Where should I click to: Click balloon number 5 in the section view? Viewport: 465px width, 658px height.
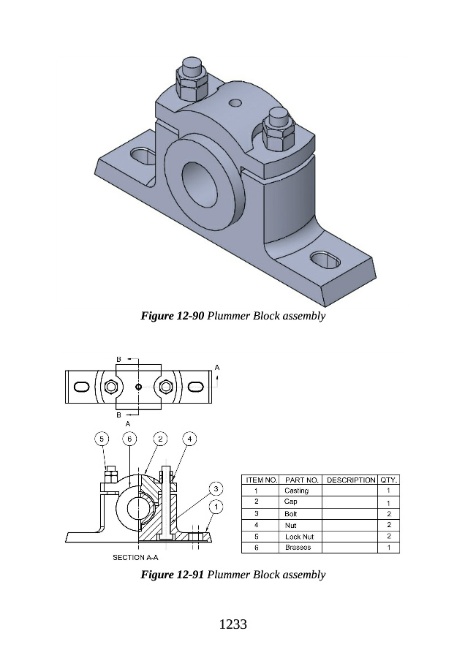[102, 439]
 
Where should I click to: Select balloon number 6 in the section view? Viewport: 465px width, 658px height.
[129, 439]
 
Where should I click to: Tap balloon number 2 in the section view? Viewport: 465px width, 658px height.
[160, 439]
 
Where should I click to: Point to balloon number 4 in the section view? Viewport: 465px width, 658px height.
[189, 439]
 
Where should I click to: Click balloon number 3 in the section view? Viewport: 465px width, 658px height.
[216, 488]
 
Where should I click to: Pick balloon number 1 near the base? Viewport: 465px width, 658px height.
[216, 506]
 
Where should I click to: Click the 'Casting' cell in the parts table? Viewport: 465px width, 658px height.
[297, 491]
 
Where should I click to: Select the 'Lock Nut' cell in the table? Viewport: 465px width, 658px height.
[298, 536]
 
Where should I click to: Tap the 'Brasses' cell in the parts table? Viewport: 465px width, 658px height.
[298, 547]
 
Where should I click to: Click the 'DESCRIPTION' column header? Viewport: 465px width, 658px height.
[349, 480]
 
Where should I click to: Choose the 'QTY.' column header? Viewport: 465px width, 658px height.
[388, 480]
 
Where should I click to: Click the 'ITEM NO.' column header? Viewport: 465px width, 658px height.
[260, 480]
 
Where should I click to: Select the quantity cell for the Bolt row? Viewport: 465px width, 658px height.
[388, 513]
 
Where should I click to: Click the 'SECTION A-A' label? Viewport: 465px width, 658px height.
[135, 557]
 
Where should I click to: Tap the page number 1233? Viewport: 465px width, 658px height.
[232, 624]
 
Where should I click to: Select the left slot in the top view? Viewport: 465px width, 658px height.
[82, 386]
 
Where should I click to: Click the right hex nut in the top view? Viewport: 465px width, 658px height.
[167, 386]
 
